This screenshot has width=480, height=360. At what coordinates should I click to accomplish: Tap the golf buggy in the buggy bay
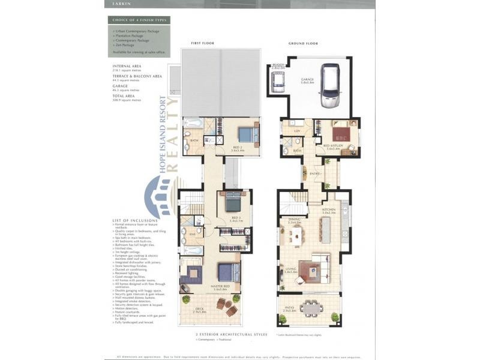tap(278, 85)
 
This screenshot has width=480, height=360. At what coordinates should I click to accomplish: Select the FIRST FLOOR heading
tap(202, 43)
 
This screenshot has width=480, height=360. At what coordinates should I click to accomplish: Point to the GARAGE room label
tap(307, 79)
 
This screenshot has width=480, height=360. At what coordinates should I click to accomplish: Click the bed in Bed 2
tap(247, 134)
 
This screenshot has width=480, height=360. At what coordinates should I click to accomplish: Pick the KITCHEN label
tap(329, 209)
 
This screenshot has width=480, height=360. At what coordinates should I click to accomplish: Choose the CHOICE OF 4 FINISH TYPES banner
tap(139, 20)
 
